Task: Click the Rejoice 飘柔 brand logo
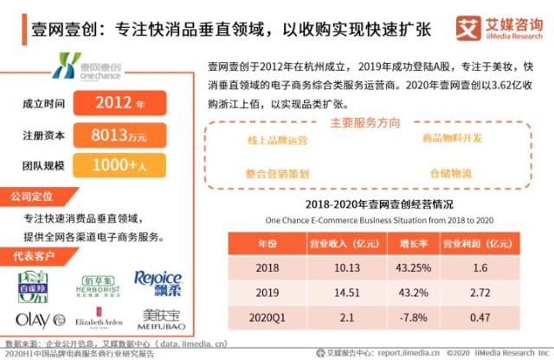coord(158,282)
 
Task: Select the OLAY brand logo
coord(40,318)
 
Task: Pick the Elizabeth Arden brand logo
coord(99,318)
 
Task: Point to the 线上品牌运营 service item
coord(277,139)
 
